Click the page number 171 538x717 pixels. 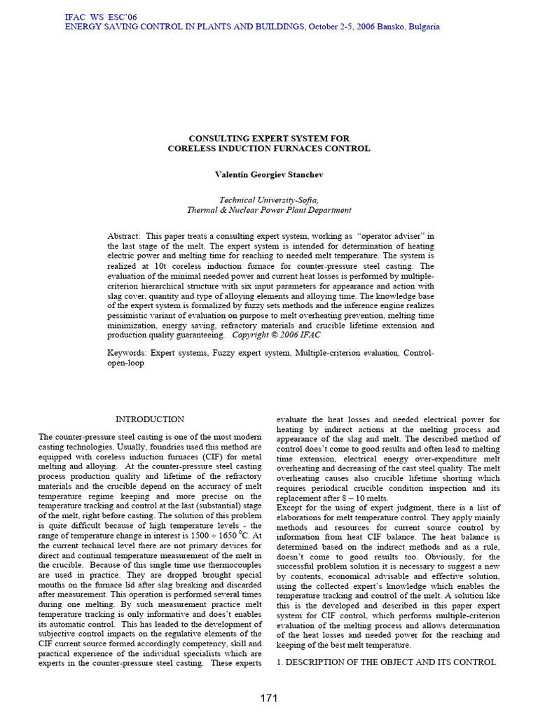[x=269, y=697]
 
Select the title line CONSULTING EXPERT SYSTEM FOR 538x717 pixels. [x=269, y=139]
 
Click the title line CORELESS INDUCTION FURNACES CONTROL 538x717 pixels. [x=269, y=148]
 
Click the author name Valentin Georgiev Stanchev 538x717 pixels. [x=269, y=172]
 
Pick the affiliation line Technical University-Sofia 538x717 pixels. [x=269, y=200]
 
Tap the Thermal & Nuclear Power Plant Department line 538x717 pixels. [x=269, y=210]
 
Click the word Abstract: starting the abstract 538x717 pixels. [x=124, y=237]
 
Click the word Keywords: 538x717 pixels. [x=127, y=354]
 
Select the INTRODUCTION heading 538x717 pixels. [x=149, y=419]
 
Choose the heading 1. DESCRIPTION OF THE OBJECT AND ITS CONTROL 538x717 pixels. [x=386, y=662]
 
